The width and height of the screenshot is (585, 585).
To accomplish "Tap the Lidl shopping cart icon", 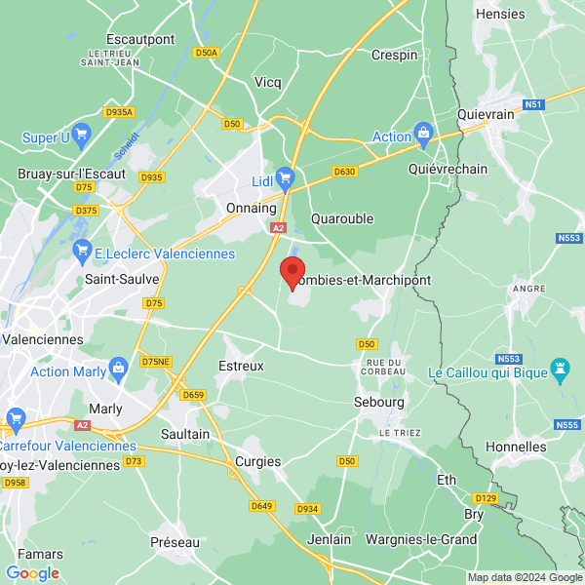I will click(x=286, y=177).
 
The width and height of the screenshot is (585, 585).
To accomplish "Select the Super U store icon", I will click(x=82, y=137).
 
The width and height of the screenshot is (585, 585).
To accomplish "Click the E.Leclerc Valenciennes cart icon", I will click(x=83, y=253).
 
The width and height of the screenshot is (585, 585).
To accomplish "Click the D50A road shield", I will click(x=206, y=53).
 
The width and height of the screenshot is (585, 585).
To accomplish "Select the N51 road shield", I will click(x=532, y=104).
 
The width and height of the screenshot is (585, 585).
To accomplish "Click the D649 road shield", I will click(x=261, y=505).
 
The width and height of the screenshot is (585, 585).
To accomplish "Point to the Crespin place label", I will click(x=394, y=55).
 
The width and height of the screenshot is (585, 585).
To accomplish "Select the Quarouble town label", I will click(x=341, y=218).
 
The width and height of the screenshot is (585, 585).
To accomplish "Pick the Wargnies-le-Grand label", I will click(x=420, y=539).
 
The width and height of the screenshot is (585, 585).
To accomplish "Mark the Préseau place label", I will click(x=175, y=541).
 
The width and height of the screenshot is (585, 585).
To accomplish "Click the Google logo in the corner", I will click(x=33, y=573).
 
